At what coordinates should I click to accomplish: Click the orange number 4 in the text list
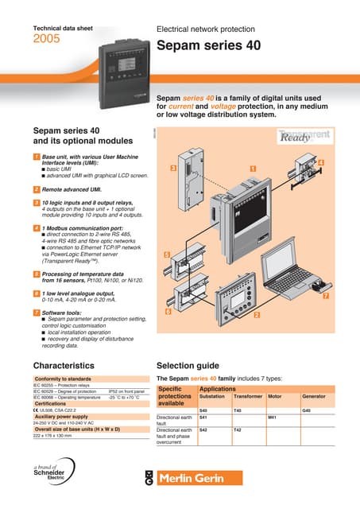[x=37, y=228]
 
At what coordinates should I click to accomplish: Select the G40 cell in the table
[x=307, y=410]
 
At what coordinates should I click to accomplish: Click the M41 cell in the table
[x=272, y=417]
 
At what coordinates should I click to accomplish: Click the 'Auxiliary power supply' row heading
[x=68, y=417]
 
